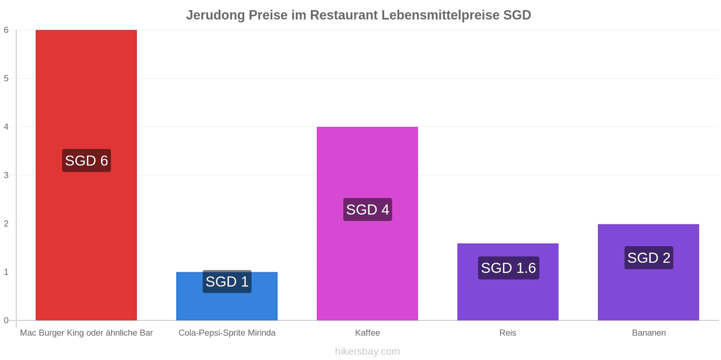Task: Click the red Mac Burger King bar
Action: click(86, 175)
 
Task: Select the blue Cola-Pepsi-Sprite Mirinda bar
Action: click(227, 297)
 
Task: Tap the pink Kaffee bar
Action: click(367, 224)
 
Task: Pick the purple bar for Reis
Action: click(508, 282)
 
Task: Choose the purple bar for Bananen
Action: click(648, 272)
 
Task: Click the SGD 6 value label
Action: click(87, 160)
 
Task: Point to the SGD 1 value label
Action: click(227, 282)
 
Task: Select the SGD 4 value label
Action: click(368, 210)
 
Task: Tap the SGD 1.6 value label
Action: click(509, 268)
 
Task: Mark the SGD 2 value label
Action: click(649, 258)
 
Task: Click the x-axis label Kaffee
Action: click(368, 333)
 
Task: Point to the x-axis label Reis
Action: click(507, 333)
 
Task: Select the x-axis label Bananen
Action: click(649, 333)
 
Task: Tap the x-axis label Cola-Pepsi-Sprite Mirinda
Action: click(227, 333)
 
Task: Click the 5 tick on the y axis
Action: click(6, 78)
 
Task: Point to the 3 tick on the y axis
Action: click(6, 175)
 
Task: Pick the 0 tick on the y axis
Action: click(6, 320)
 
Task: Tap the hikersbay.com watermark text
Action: click(367, 351)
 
